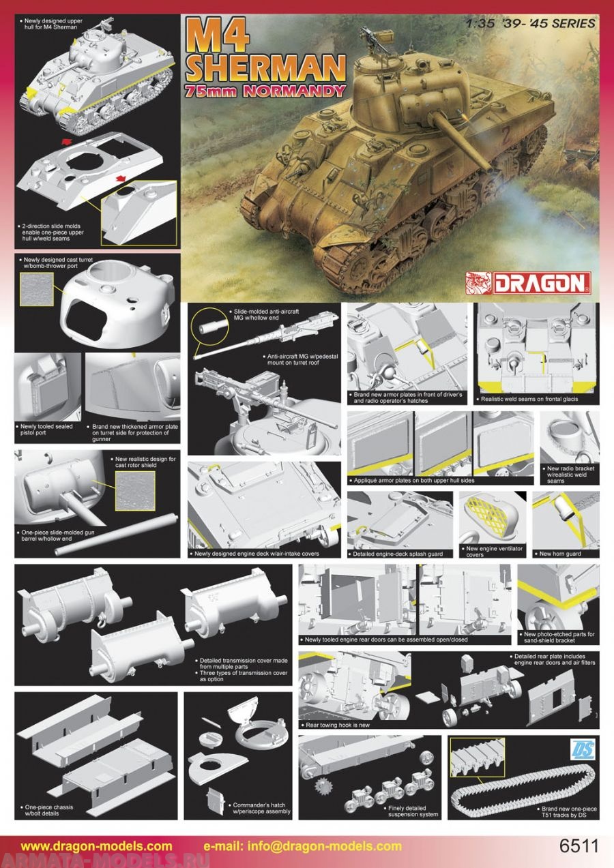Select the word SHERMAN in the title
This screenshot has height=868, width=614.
pos(266,68)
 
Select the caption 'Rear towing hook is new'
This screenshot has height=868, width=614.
pos(337,725)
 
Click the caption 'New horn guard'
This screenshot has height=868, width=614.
pos(559,554)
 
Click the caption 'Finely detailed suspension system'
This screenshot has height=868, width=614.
pos(413,811)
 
